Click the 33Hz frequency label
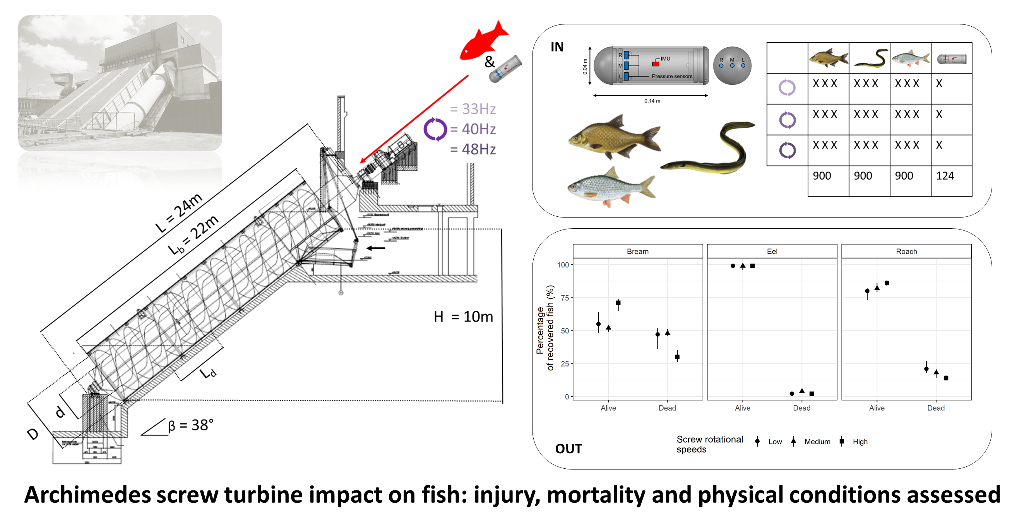[x=473, y=109]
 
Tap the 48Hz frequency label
[x=473, y=149]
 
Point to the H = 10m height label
[x=463, y=317]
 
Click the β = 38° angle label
[x=191, y=425]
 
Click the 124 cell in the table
[x=945, y=176]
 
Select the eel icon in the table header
[x=871, y=58]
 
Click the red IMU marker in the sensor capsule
[x=656, y=64]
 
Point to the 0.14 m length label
[x=652, y=101]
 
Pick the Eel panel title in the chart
[x=772, y=252]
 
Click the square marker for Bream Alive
[x=618, y=303]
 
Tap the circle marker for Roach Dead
[x=926, y=369]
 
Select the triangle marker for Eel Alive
[x=743, y=266]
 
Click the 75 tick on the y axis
[x=565, y=298]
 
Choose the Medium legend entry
[x=817, y=442]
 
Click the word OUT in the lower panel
[x=568, y=449]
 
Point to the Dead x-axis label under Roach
[x=936, y=408]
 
